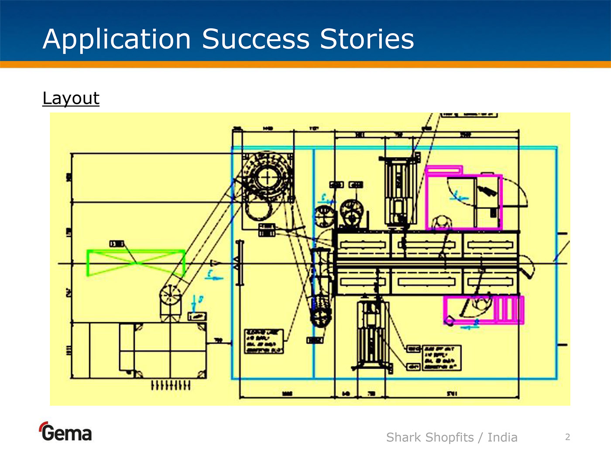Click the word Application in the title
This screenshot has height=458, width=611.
click(x=117, y=39)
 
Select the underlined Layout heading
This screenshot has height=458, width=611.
click(x=71, y=98)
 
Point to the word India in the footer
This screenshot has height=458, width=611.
click(x=502, y=437)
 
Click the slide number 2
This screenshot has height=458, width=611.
click(x=567, y=437)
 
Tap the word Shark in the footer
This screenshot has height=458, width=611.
click(x=403, y=437)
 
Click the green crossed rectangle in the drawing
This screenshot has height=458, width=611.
click(x=136, y=263)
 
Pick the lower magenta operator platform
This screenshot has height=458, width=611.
click(x=484, y=310)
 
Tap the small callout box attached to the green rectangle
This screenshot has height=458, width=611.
click(x=117, y=243)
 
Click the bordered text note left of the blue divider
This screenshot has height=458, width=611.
click(x=264, y=341)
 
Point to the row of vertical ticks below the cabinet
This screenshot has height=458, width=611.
click(x=170, y=385)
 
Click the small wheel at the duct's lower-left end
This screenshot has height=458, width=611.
click(x=170, y=296)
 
